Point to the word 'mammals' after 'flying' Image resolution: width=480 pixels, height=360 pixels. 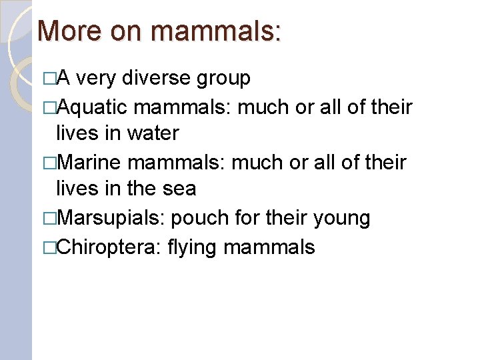pos(269,247)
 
